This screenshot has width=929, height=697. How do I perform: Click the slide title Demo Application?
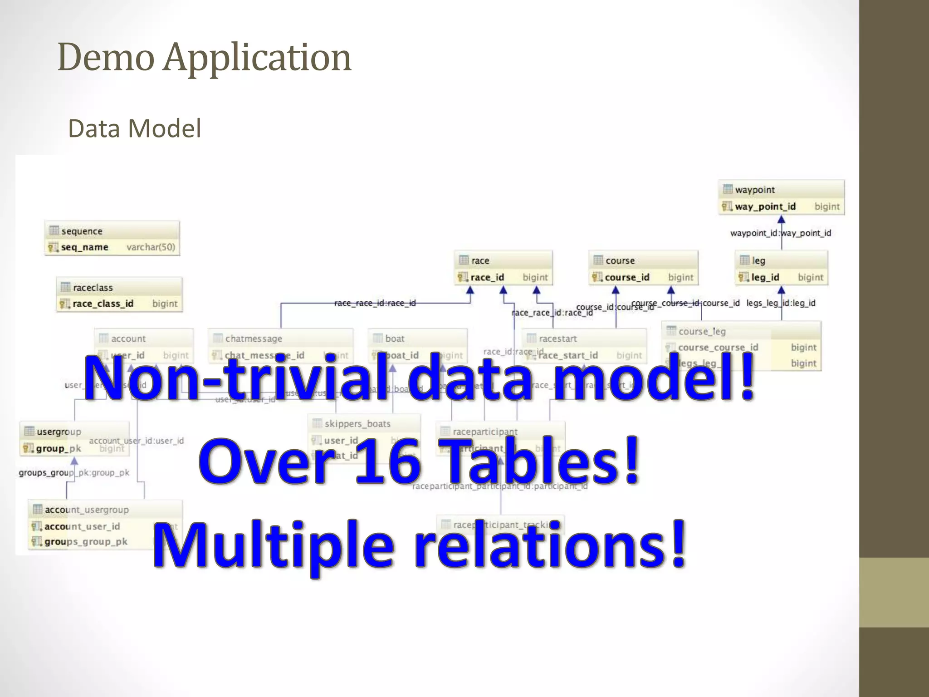tap(204, 58)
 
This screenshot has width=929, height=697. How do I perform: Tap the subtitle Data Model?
tap(134, 128)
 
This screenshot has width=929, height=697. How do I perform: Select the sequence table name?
tap(82, 231)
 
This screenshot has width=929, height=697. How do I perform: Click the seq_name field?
tap(84, 247)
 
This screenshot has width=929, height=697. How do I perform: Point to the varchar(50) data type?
tap(151, 247)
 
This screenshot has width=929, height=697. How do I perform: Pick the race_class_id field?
tap(103, 304)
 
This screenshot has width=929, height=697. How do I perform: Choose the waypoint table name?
tap(755, 190)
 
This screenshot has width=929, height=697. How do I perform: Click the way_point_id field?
tap(765, 206)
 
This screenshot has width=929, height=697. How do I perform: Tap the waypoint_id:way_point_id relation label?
tap(780, 233)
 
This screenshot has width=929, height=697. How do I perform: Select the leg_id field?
tap(765, 277)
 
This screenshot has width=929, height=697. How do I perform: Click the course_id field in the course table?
tap(627, 277)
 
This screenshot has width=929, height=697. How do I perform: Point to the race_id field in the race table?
tap(487, 277)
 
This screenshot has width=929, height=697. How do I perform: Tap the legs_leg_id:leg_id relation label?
tap(781, 303)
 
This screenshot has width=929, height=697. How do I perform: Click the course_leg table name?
tap(702, 332)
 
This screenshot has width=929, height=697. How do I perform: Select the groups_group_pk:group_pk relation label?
tap(74, 473)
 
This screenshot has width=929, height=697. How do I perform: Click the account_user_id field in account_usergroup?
tap(82, 526)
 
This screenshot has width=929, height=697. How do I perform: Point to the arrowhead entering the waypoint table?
tap(781, 220)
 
